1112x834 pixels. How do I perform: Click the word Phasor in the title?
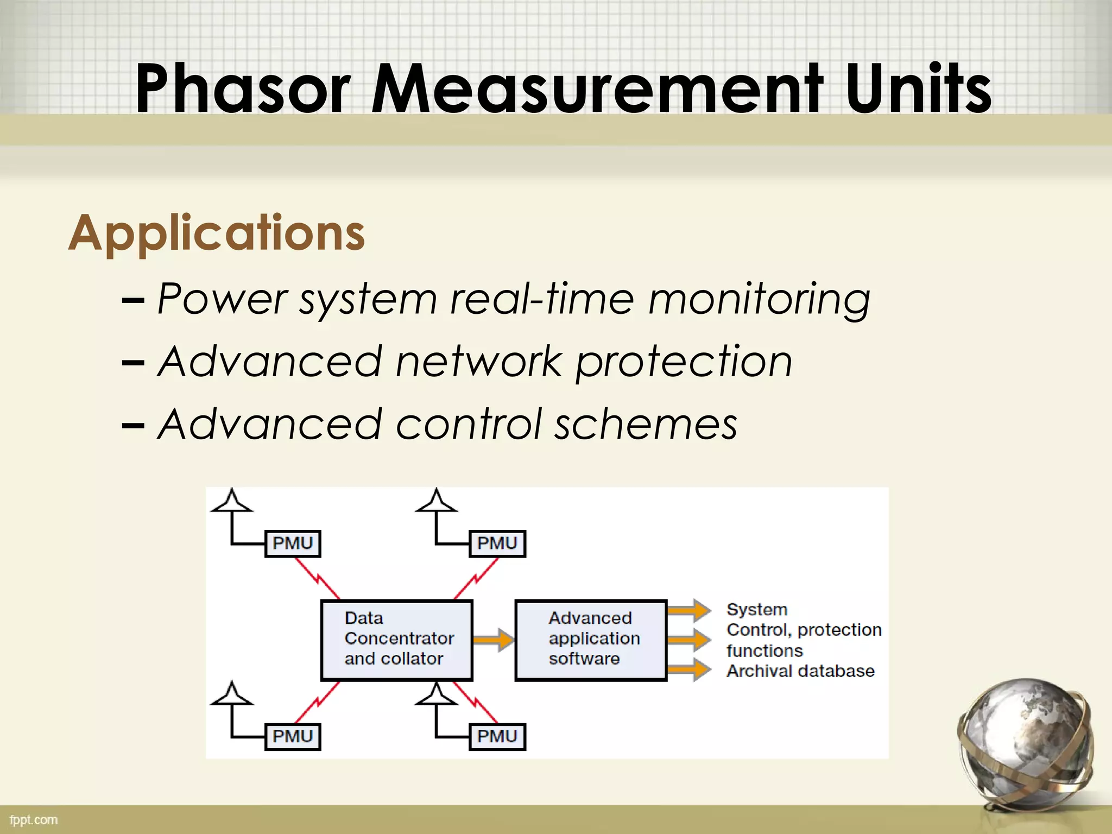pos(243,89)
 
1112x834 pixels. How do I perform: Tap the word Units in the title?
pos(918,89)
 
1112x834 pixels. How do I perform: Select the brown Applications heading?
pos(217,233)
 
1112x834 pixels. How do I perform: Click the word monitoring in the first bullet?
pos(759,299)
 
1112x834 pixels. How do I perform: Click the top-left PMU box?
pos(293,544)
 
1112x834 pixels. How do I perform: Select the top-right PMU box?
pos(497,544)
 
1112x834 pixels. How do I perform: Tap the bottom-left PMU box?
pos(293,737)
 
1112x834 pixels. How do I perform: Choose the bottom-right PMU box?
pos(497,737)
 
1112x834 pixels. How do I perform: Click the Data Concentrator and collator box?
pos(397,640)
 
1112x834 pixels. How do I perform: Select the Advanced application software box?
pos(591,640)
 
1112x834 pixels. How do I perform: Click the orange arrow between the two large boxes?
pos(493,640)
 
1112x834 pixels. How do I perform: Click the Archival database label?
pos(800,672)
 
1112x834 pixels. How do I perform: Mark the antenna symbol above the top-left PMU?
pos(232,501)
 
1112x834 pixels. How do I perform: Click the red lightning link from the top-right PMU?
pos(476,578)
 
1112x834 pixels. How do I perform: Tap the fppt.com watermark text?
pos(34,820)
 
